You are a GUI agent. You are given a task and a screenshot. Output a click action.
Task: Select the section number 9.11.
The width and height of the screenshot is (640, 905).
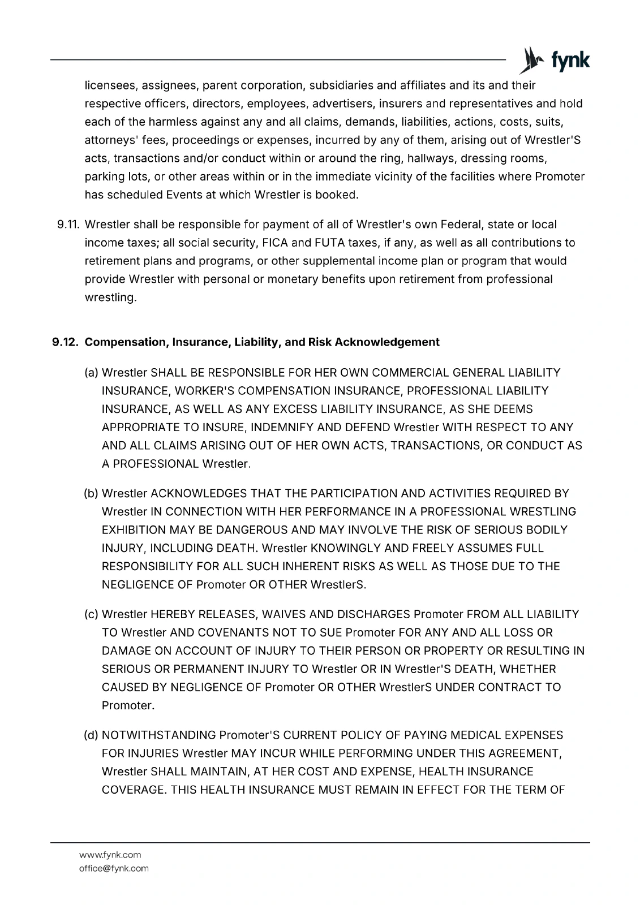point(67,225)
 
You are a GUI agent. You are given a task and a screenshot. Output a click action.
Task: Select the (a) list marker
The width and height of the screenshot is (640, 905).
point(92,373)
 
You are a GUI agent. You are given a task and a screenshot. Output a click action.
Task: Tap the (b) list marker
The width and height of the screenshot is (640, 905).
point(92,494)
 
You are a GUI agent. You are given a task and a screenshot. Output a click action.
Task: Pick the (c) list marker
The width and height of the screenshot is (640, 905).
point(92,614)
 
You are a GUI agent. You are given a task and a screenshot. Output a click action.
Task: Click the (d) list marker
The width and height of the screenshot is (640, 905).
point(92,735)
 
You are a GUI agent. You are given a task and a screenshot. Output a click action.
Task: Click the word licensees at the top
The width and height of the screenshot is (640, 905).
point(110,86)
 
